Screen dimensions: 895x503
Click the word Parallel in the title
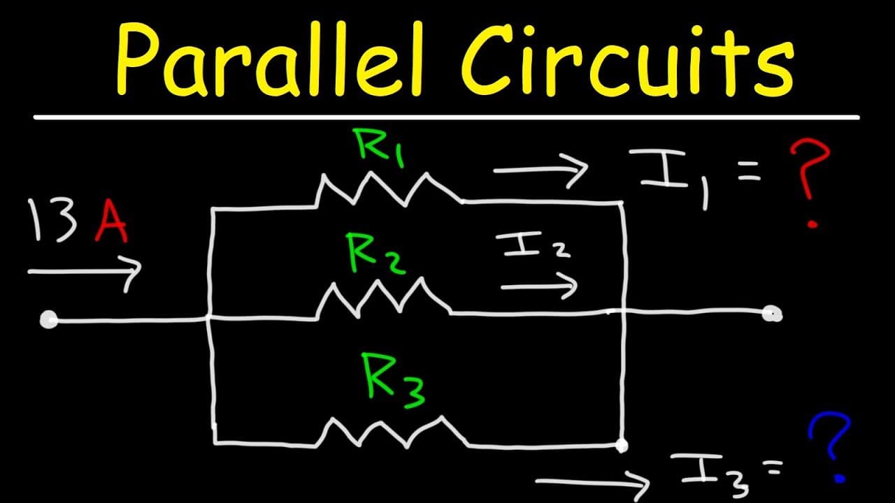coord(270,59)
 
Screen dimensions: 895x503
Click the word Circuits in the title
coord(628,60)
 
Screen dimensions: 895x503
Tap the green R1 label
coord(379,147)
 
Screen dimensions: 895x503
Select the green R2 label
coord(376,254)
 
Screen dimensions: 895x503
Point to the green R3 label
coord(393,381)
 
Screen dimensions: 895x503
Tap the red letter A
coord(111,221)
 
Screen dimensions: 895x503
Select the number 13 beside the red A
coord(52,221)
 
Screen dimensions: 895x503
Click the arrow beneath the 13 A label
coord(85,272)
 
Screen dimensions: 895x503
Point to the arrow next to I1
coord(540,170)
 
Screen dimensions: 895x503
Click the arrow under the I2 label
coord(539,286)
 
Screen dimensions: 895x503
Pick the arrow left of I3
coord(592,483)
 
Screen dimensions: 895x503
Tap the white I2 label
coord(534,245)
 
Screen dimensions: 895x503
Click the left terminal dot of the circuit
coord(49,320)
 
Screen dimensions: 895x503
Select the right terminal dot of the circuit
coord(772,314)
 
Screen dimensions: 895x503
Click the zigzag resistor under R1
coord(389,189)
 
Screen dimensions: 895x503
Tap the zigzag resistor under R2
coord(384,298)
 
